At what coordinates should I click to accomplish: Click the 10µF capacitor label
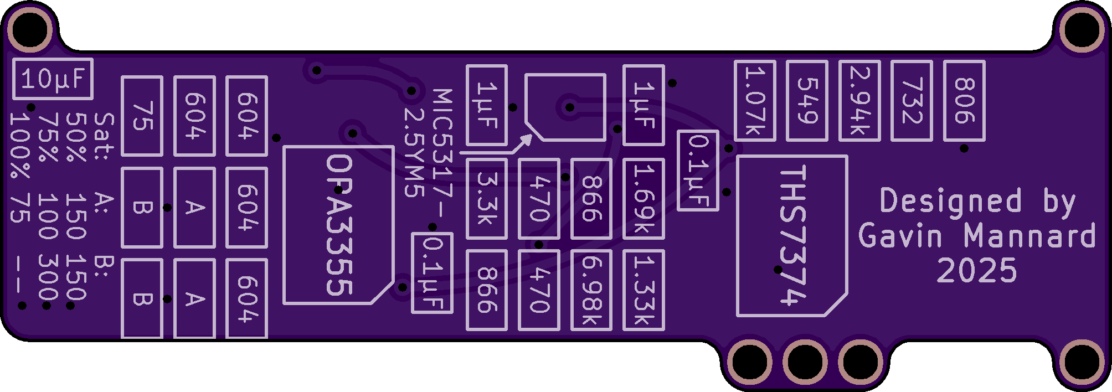(53, 79)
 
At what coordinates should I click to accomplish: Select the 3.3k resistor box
(486, 199)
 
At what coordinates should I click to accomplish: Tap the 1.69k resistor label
(643, 199)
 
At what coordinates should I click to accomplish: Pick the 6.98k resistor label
(591, 290)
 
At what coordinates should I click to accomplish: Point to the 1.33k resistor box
(643, 290)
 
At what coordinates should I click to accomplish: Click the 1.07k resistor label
(755, 101)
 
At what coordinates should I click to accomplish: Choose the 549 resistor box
(807, 101)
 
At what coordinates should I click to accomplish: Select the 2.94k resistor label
(859, 101)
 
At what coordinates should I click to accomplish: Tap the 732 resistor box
(912, 101)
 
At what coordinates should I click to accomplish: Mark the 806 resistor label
(964, 101)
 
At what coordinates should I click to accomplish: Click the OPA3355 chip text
(339, 225)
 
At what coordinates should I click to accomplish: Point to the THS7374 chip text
(792, 236)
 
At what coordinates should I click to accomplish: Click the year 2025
(977, 271)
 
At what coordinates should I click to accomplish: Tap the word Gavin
(900, 236)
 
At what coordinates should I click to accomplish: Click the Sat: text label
(104, 136)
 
